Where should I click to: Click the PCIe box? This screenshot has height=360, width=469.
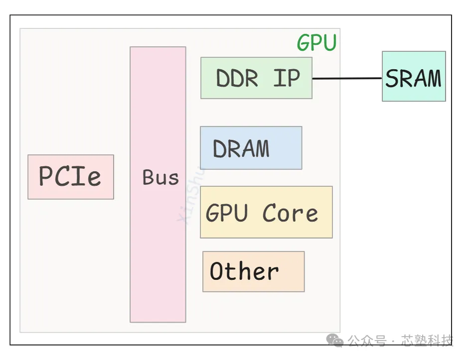pos(71,177)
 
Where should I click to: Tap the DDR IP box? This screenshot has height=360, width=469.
pos(256,78)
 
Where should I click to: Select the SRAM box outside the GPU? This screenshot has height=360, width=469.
pos(414,76)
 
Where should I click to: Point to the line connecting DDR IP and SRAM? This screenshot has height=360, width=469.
pos(347,78)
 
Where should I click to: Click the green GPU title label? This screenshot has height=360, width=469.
pos(317,43)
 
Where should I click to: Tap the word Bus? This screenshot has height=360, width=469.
pos(160,178)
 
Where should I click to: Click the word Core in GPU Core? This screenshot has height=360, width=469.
pos(290,213)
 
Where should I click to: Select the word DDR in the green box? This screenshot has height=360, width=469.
pos(237,79)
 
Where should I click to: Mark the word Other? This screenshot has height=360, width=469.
pos(244,271)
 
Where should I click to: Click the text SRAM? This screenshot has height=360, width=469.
pos(414,79)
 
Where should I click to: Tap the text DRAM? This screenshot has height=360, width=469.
pos(241,148)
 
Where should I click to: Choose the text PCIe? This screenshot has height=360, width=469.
pos(70,176)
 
